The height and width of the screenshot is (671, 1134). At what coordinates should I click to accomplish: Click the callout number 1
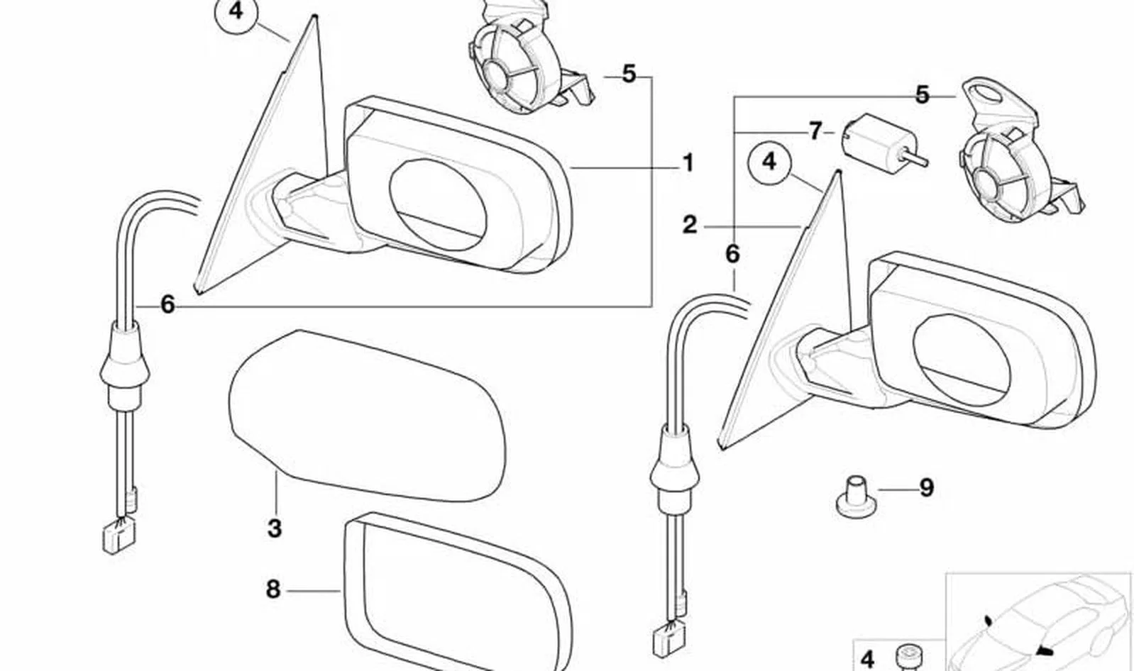pos(688,163)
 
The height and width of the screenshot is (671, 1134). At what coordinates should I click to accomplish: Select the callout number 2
pos(690,225)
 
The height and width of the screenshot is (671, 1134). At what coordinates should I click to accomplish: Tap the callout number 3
pos(275,528)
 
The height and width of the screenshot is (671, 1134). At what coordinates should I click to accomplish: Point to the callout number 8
pos(273,589)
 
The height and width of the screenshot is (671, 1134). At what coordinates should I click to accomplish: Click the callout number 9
pos(926,488)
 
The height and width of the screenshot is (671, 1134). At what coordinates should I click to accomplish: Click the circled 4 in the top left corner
pos(236,11)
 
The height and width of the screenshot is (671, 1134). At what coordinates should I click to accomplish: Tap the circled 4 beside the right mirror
pos(769,163)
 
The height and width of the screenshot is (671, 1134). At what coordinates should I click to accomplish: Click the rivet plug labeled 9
pos(855,496)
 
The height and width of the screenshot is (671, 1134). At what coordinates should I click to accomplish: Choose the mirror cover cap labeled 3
pos(367,416)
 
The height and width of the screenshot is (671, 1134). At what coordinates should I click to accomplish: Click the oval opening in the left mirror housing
pos(438,205)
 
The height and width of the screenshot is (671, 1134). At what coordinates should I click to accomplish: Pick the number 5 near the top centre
pos(629,74)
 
